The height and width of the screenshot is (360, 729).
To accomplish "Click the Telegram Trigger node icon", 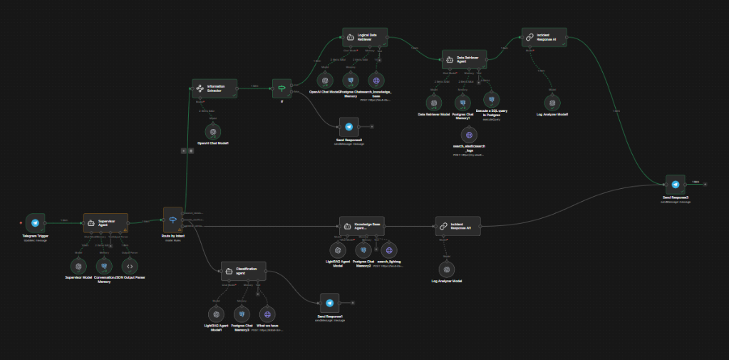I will click(35, 223).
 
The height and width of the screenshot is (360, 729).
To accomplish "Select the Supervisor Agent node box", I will click(105, 223).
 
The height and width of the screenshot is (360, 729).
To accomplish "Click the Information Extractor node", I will click(214, 89).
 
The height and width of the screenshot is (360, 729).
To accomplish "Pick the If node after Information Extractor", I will click(282, 88).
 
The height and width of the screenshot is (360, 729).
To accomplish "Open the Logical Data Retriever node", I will click(365, 38).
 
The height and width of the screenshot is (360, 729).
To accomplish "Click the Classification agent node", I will click(243, 272).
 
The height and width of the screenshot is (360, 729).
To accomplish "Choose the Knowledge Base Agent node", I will click(361, 226).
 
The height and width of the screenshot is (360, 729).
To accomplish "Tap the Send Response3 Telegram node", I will click(676, 184).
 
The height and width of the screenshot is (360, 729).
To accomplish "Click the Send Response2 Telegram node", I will click(348, 127).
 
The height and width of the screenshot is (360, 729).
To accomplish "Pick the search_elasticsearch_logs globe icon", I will click(468, 135).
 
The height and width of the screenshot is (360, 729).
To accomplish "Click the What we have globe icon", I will click(267, 314).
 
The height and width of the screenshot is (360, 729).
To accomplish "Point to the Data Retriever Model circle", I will click(432, 101).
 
